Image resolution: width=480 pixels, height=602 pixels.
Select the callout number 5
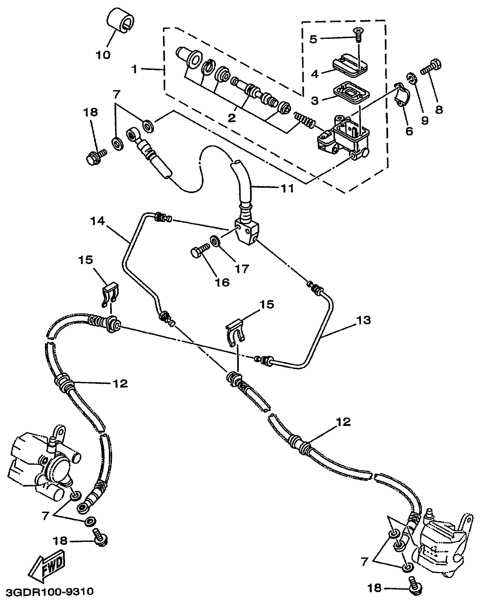[x=313, y=39]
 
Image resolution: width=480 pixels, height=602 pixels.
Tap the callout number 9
[x=425, y=120]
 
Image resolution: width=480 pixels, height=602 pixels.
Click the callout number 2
[x=232, y=118]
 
